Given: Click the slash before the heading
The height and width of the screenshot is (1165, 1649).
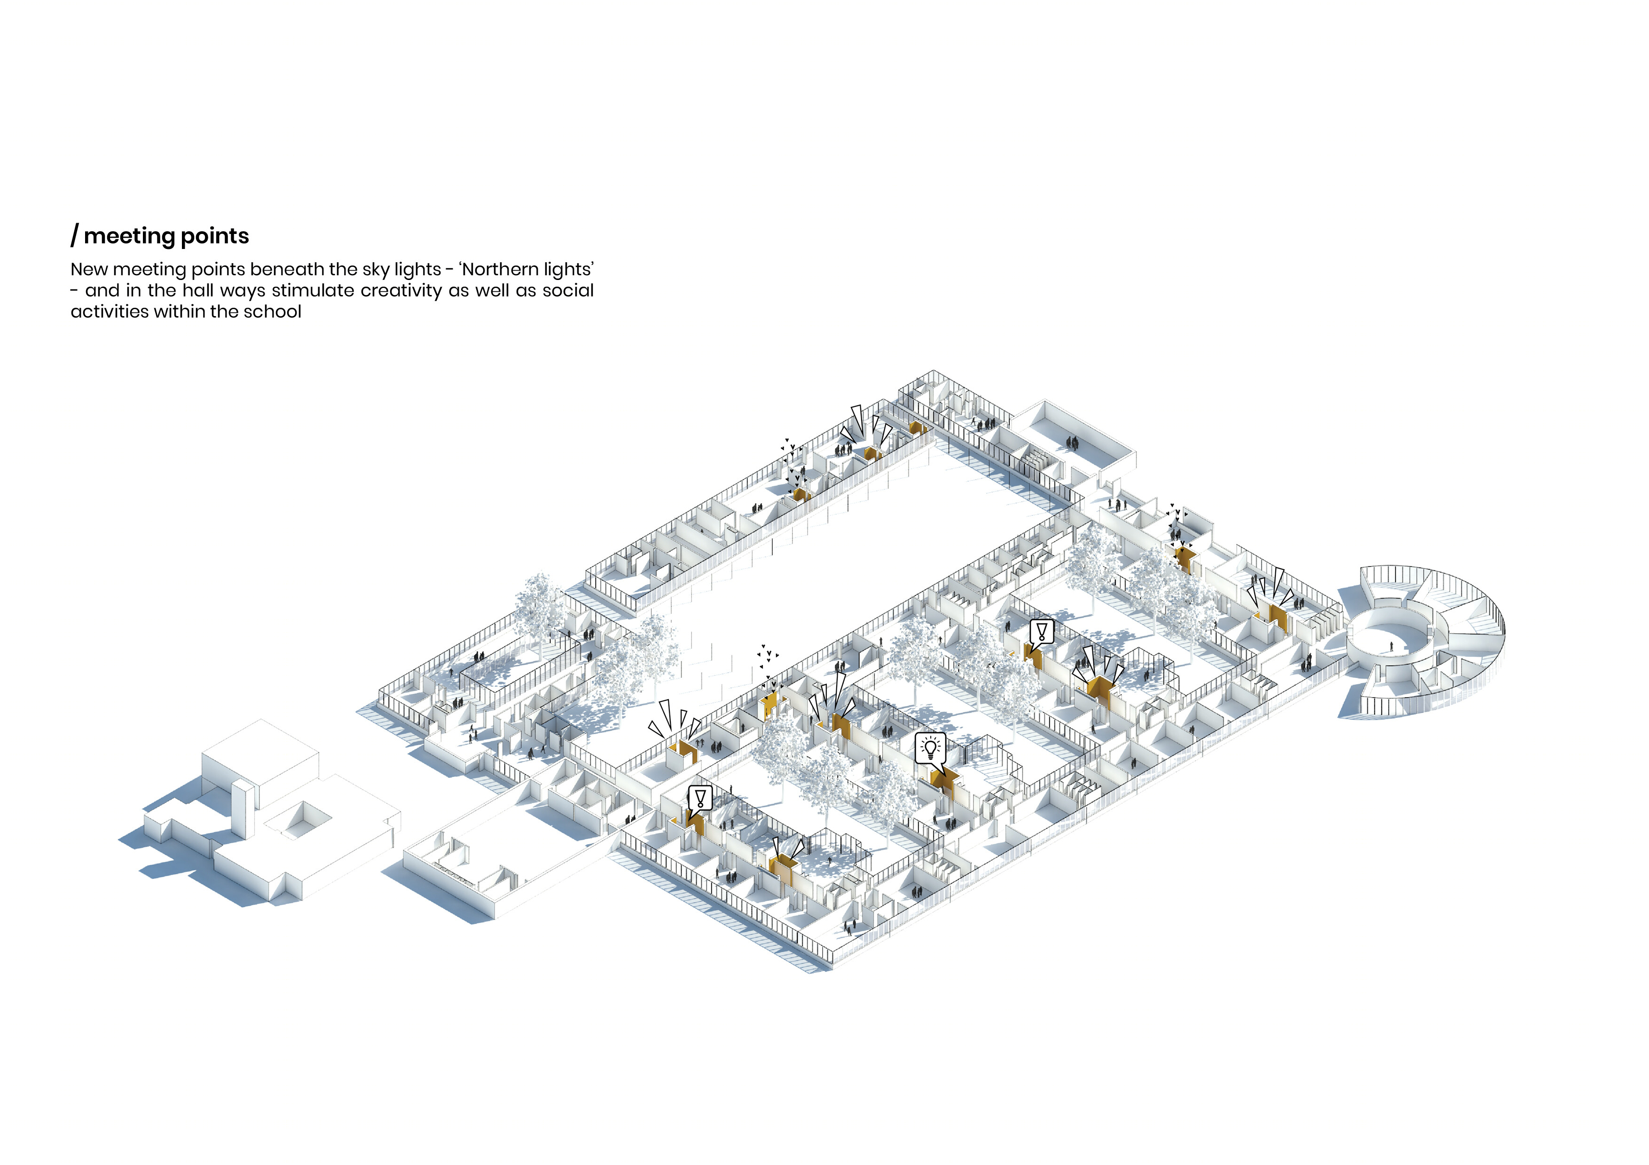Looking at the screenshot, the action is pyautogui.click(x=75, y=235).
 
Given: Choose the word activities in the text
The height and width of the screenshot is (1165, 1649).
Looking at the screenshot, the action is pyautogui.click(x=109, y=311).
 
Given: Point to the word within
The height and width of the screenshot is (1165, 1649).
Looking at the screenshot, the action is pyautogui.click(x=179, y=311).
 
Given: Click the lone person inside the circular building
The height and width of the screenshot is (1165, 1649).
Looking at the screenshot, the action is pyautogui.click(x=1391, y=647).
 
